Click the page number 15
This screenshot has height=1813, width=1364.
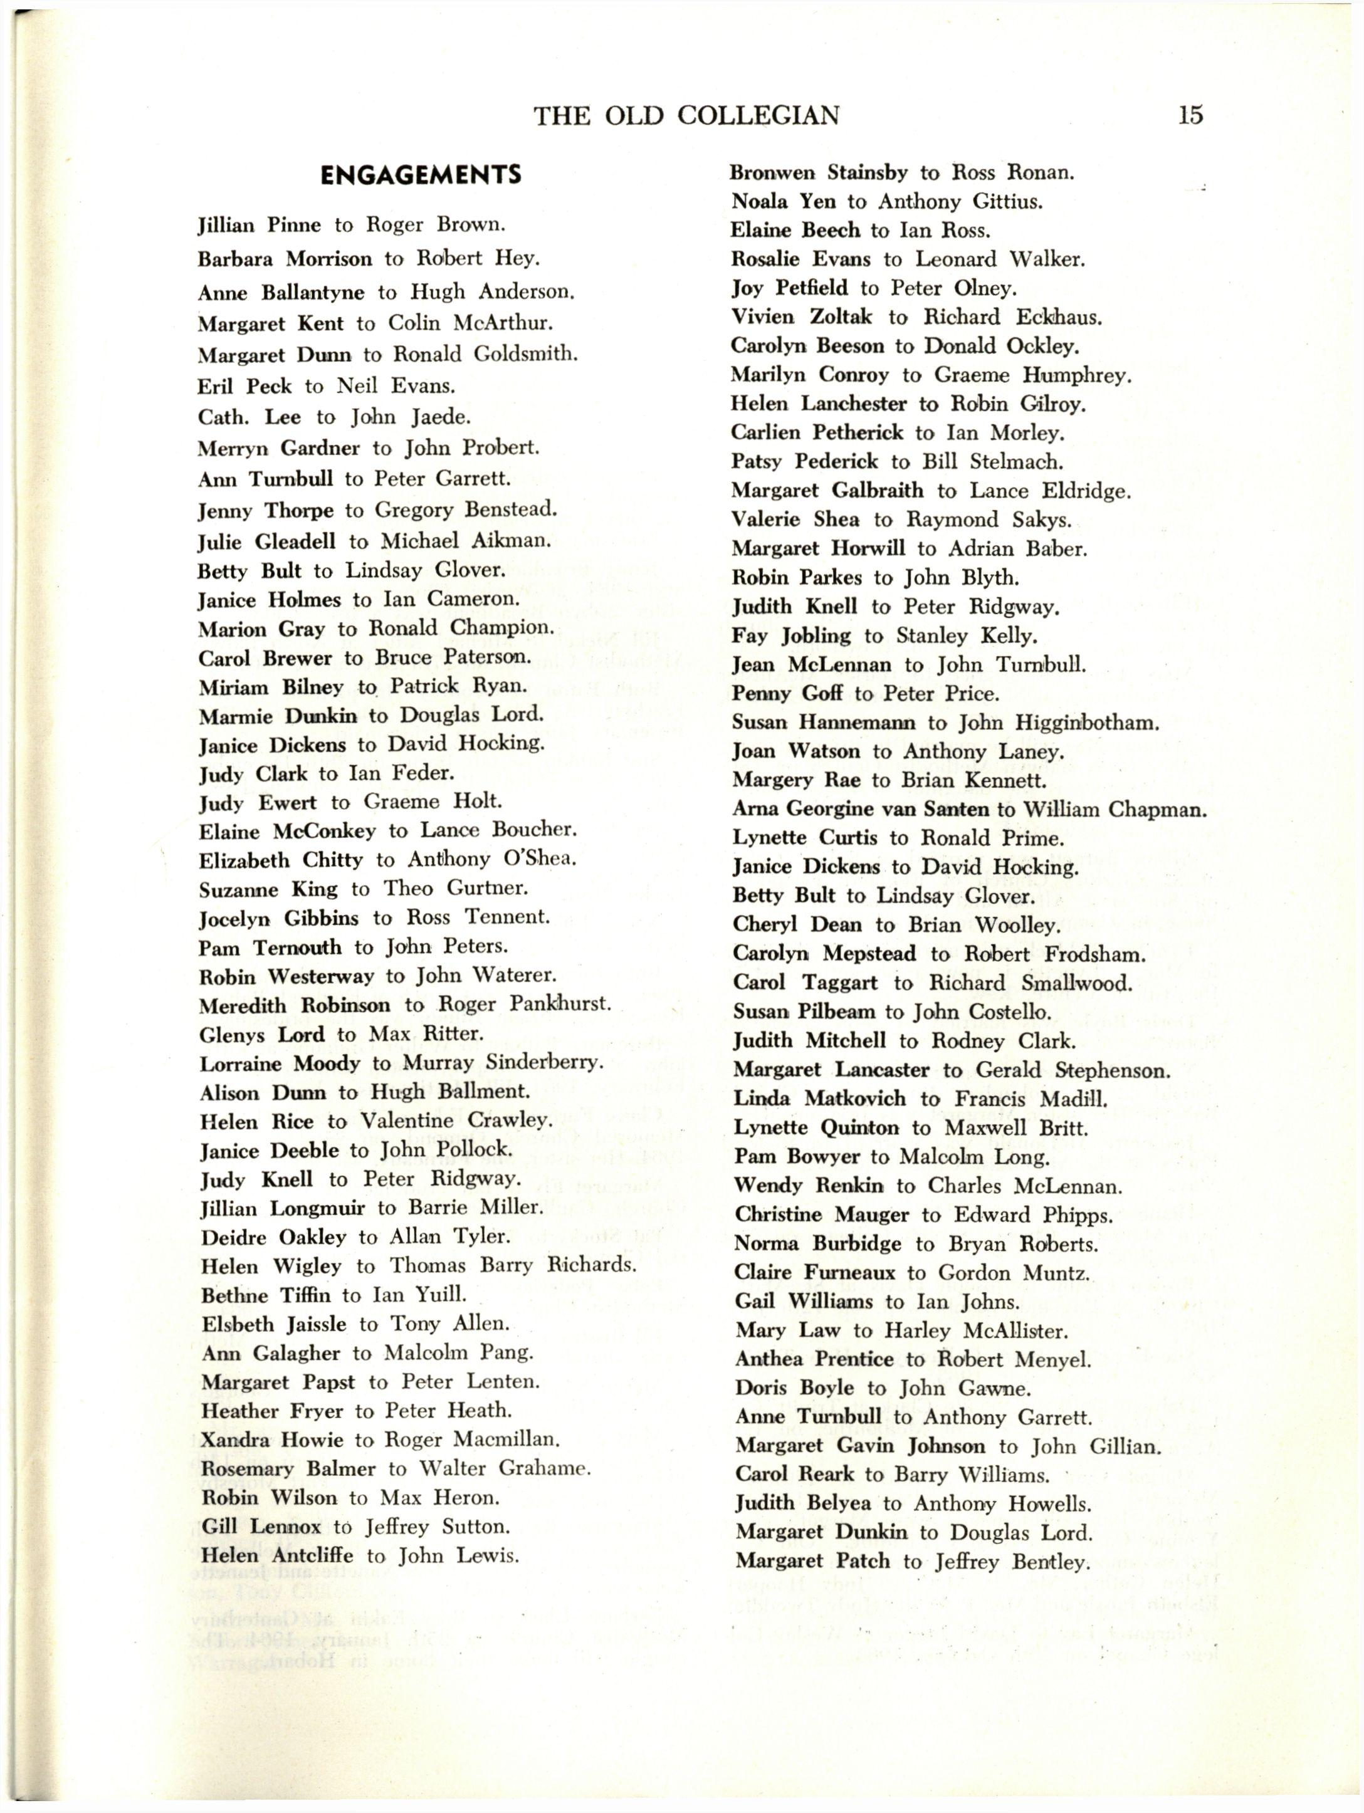[x=1190, y=114]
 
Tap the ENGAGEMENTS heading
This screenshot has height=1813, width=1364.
[x=421, y=175]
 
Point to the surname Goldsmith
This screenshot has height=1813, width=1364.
[x=525, y=354]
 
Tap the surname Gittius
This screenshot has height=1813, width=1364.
[x=1007, y=202]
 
